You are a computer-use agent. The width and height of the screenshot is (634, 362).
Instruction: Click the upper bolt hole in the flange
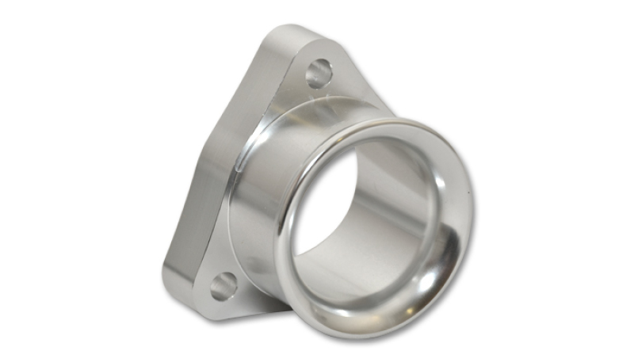319,73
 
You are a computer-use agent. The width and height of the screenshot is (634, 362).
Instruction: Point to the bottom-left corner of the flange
178,297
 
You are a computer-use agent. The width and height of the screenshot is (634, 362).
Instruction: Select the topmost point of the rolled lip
396,120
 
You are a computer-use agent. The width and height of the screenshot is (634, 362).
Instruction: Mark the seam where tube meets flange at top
333,103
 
